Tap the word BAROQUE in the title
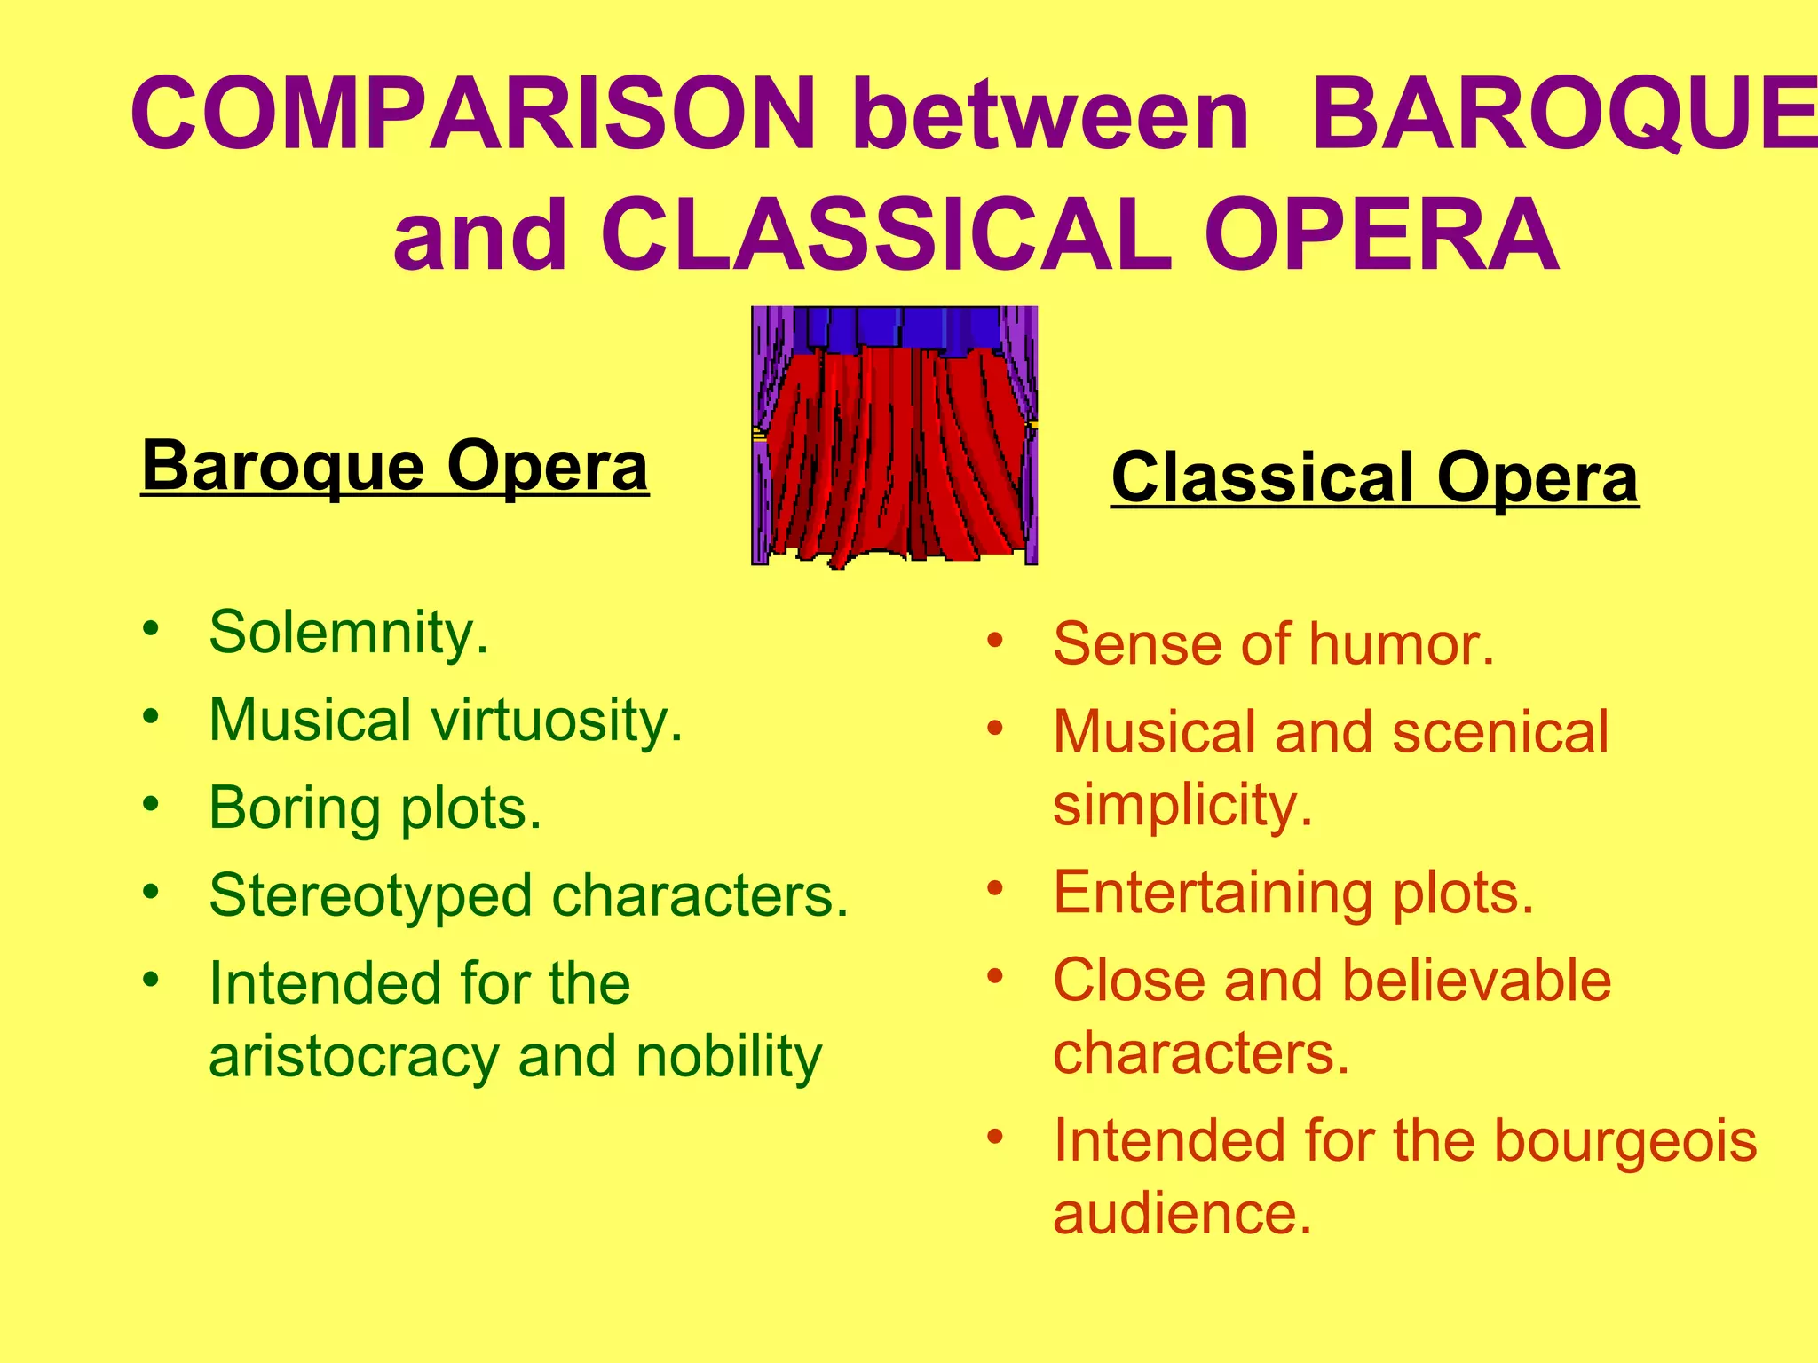click(x=1562, y=114)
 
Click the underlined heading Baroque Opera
click(x=395, y=466)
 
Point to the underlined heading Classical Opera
click(x=1374, y=478)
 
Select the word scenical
click(x=1499, y=732)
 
